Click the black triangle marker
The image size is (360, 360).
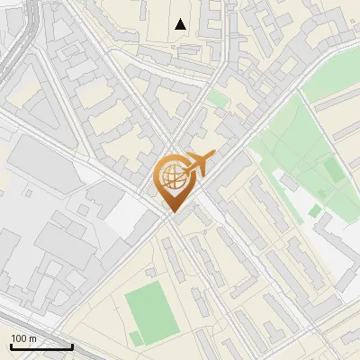tap(181, 24)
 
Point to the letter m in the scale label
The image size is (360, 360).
tap(33, 337)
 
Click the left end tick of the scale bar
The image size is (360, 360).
tap(11, 346)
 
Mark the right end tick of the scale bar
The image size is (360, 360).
tap(72, 346)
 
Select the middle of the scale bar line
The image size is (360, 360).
tap(41, 346)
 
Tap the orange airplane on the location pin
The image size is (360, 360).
tap(200, 165)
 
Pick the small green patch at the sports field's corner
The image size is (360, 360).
tap(135, 337)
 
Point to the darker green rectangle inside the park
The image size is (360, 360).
tap(333, 170)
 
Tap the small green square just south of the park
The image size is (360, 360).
tap(314, 211)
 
